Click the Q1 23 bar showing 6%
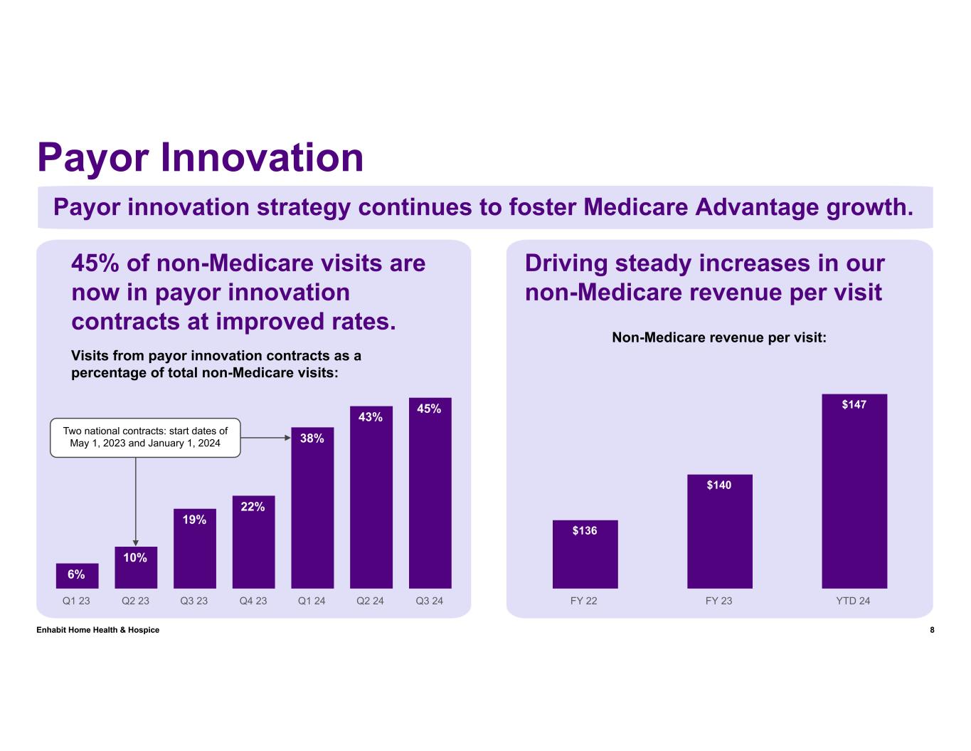(x=77, y=576)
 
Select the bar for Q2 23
(x=136, y=567)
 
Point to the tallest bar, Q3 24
(x=430, y=493)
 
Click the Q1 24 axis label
(x=312, y=601)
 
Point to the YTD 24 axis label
(x=853, y=601)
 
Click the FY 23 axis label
(x=718, y=601)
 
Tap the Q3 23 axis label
(x=194, y=601)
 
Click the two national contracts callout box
(x=145, y=437)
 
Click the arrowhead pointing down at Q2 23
(x=136, y=542)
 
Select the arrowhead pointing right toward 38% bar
(x=285, y=438)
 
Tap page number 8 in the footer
(x=932, y=630)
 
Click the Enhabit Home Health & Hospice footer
(x=97, y=630)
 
